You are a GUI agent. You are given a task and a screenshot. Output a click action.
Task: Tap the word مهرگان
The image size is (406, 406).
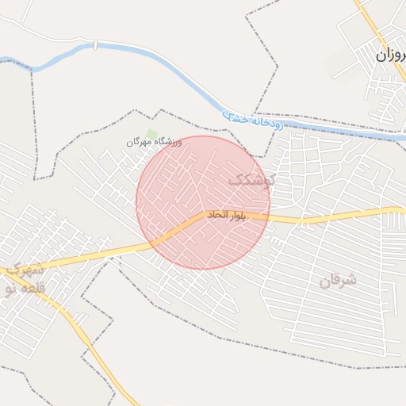[137, 142]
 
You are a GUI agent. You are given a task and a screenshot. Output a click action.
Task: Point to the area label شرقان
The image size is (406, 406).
[339, 281]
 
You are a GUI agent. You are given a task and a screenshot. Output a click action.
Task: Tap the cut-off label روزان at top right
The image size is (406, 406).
[391, 56]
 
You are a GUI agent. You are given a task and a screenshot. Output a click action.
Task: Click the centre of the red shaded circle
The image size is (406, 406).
[203, 202]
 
